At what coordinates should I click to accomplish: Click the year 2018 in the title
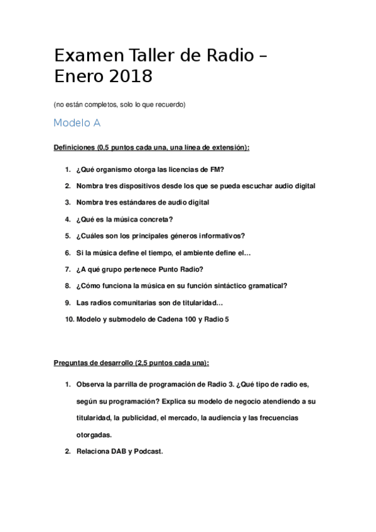(131, 76)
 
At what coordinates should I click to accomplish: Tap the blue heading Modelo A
(77, 123)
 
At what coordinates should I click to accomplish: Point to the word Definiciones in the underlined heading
(74, 147)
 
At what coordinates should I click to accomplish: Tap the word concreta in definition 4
(154, 220)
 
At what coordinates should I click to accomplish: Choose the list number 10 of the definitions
(69, 319)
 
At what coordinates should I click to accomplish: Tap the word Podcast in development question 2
(148, 451)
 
